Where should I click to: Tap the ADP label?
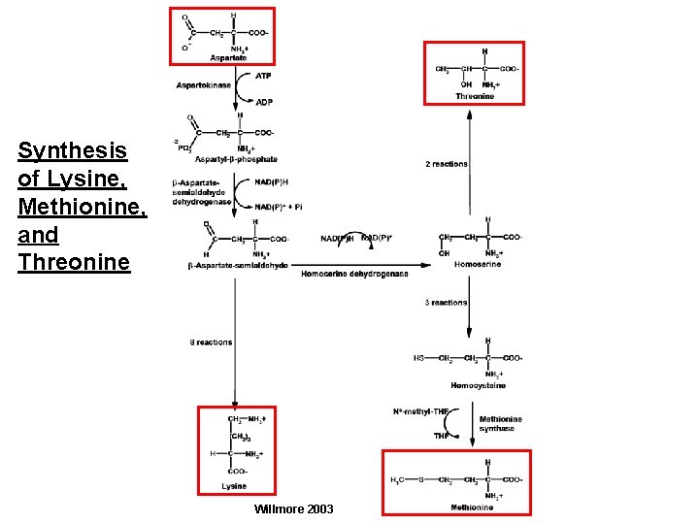click(x=264, y=101)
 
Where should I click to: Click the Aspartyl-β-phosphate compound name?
click(x=237, y=159)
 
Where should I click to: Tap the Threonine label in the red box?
click(x=476, y=95)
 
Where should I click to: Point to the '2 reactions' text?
click(x=447, y=164)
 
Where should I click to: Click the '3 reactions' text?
click(x=446, y=303)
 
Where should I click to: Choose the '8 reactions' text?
click(x=211, y=342)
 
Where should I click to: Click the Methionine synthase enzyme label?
click(x=501, y=424)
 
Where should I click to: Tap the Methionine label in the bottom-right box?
click(x=472, y=507)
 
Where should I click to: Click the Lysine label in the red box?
click(x=234, y=485)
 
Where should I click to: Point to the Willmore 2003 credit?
click(x=292, y=508)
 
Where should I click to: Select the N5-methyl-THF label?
click(x=420, y=412)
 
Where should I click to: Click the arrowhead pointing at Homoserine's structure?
click(x=427, y=264)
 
